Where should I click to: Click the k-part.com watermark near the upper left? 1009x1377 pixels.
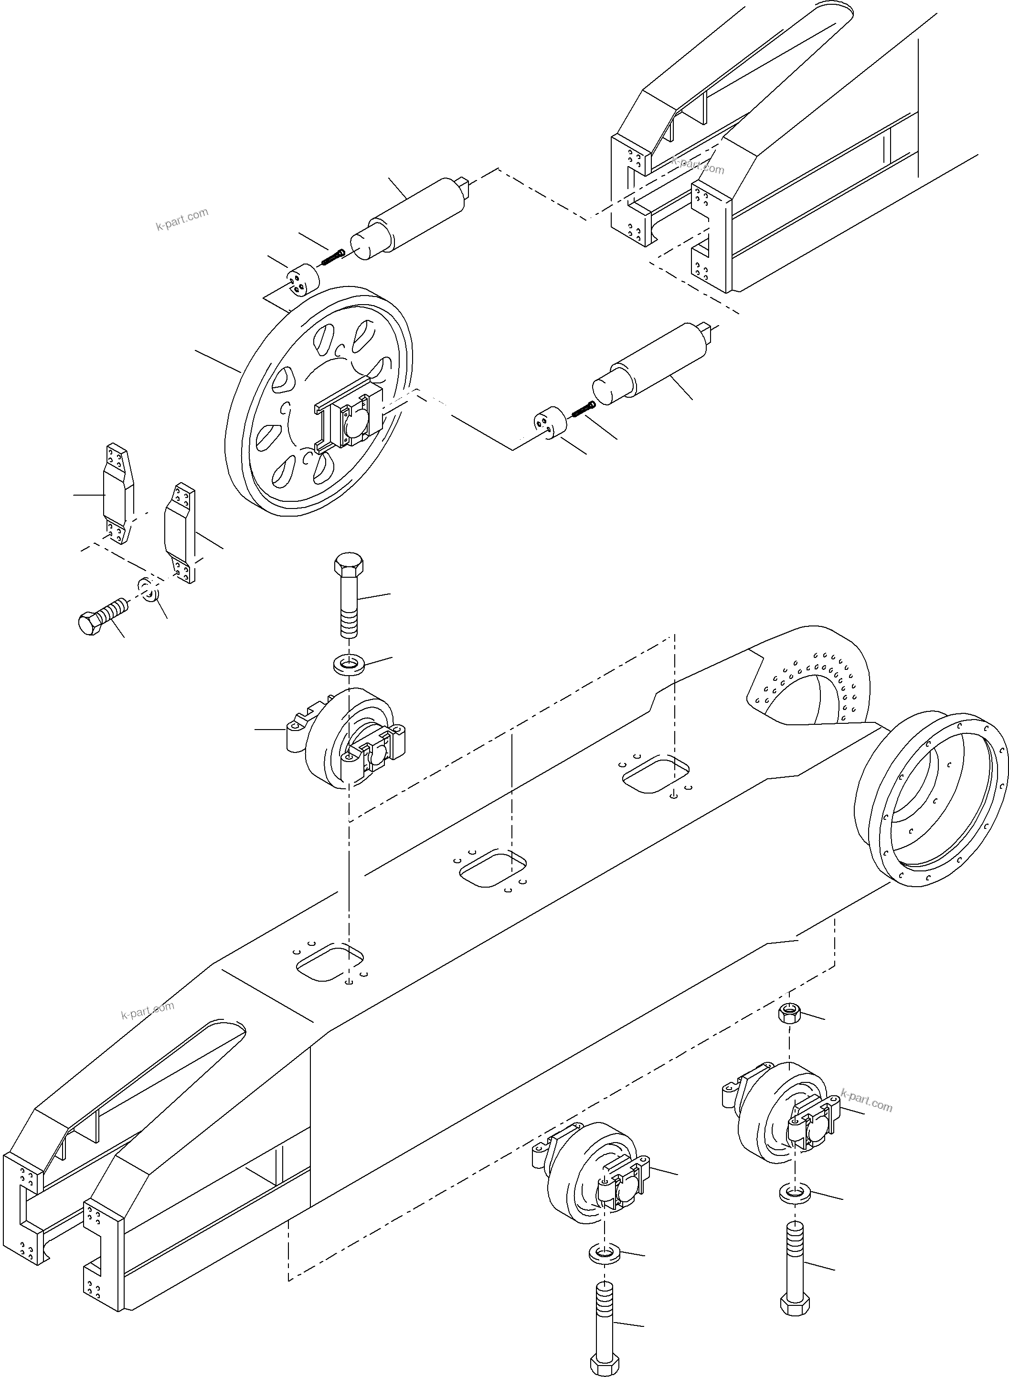[182, 220]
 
